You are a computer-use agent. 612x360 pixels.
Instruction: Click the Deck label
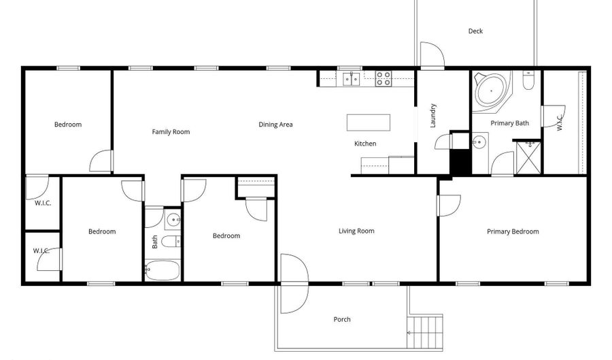coord(475,31)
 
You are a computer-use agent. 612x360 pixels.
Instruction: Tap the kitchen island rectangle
coord(369,122)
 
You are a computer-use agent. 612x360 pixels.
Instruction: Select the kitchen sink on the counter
coord(352,78)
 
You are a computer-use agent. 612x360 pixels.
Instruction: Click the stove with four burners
coord(384,78)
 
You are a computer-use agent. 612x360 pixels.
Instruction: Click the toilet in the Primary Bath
coord(528,80)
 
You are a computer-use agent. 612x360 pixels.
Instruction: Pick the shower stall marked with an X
coord(528,158)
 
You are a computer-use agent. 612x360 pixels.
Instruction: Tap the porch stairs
coord(424,331)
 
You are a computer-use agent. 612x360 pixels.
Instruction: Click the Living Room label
coord(356,231)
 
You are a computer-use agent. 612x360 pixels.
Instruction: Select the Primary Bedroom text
coord(513,231)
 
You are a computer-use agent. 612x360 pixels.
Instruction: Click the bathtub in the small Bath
coord(163,270)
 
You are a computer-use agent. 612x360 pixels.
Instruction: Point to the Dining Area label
coord(275,125)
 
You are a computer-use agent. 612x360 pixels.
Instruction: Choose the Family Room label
coord(171,132)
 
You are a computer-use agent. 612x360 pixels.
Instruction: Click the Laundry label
coord(433,116)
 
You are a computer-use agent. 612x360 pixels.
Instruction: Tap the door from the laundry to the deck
coord(432,54)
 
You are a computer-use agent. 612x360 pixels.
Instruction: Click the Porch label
coord(342,319)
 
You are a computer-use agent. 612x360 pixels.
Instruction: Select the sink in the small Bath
coord(173,220)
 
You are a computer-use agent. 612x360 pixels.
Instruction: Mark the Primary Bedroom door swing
coord(449,206)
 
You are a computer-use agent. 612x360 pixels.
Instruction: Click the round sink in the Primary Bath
coord(479,142)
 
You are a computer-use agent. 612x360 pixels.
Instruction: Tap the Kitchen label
coord(365,144)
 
